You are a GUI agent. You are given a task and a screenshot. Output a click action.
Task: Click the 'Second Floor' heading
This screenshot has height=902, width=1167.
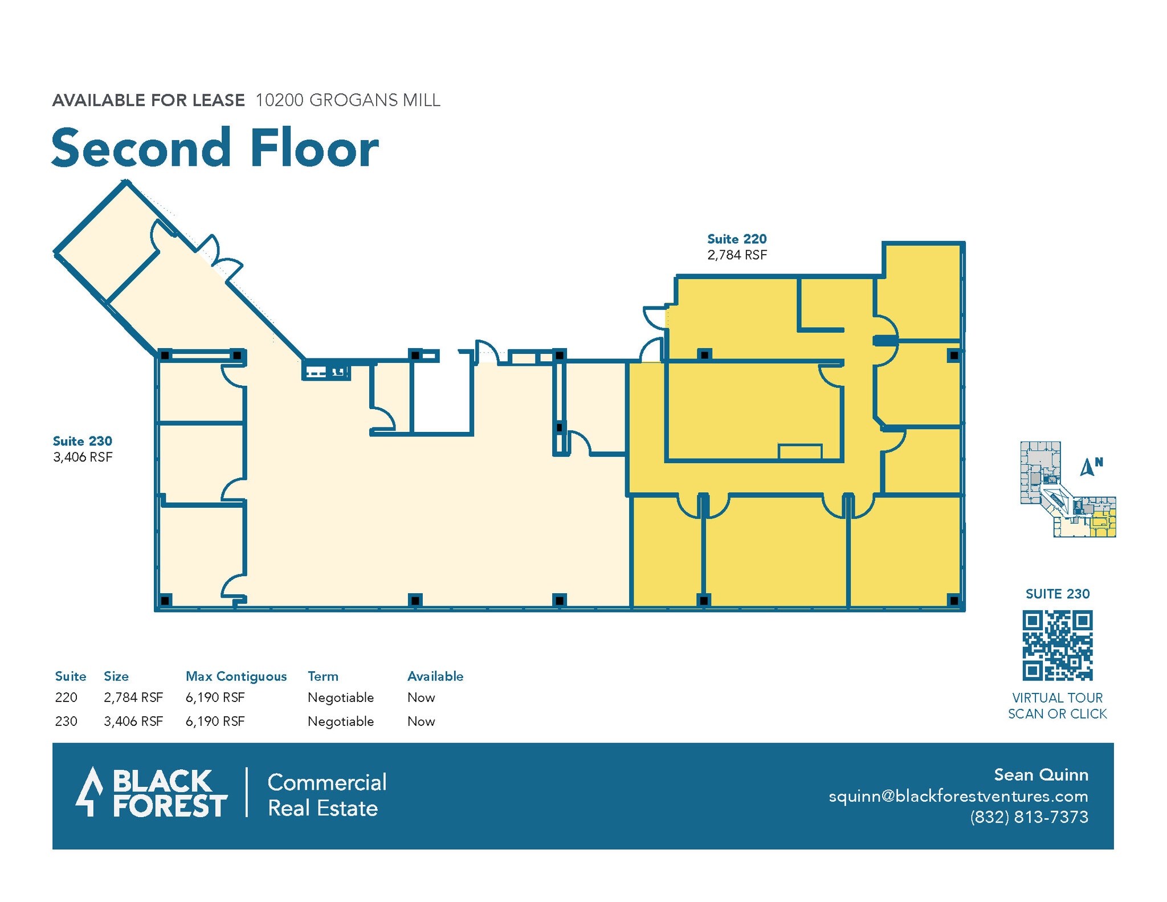click(x=215, y=148)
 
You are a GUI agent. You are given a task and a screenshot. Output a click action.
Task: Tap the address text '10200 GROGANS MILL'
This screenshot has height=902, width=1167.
click(x=348, y=100)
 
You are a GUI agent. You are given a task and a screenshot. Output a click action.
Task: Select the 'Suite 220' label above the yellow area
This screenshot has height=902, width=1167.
click(x=736, y=239)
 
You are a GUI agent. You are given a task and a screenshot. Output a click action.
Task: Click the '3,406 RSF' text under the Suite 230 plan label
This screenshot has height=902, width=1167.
click(x=83, y=457)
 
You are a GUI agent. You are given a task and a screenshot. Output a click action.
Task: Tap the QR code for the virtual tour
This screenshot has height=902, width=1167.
click(x=1057, y=646)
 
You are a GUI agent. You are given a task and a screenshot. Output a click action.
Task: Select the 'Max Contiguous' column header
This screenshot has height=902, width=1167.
click(x=236, y=676)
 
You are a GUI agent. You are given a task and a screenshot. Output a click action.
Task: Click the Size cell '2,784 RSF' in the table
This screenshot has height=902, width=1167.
click(x=133, y=697)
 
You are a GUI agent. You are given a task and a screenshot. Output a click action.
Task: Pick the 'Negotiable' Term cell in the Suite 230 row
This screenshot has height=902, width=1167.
click(x=341, y=721)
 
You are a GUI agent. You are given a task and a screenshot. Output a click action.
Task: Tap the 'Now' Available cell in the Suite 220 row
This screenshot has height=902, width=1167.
click(x=421, y=697)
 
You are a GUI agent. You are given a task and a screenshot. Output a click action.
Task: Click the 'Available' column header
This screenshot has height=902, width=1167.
click(x=435, y=676)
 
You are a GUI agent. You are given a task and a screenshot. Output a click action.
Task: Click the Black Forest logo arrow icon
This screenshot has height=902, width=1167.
click(x=89, y=791)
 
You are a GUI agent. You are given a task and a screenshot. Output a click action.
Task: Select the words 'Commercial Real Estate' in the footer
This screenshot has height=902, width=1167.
click(x=327, y=795)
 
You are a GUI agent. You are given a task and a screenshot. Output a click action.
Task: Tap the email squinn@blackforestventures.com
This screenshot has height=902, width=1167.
click(x=958, y=796)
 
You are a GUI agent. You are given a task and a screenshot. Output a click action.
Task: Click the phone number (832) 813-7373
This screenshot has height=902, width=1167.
click(x=1029, y=817)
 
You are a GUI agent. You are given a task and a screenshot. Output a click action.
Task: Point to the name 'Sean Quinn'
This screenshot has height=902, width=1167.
click(x=1040, y=775)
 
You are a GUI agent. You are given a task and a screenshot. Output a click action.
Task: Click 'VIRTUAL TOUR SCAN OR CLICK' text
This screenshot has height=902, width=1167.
click(x=1057, y=706)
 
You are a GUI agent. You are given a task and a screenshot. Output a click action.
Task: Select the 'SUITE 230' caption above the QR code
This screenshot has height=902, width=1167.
click(x=1057, y=594)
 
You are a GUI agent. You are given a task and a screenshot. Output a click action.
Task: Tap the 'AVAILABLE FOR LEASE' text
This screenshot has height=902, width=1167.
click(x=148, y=100)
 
